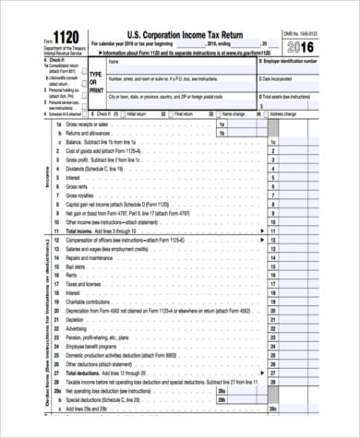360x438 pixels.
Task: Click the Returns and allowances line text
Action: (91, 133)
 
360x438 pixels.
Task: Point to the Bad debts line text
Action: (78, 266)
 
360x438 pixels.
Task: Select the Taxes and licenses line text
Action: (86, 284)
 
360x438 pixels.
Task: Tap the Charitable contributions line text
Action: (92, 302)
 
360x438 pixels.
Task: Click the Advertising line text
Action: (79, 328)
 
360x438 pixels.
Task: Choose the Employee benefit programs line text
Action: (95, 346)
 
